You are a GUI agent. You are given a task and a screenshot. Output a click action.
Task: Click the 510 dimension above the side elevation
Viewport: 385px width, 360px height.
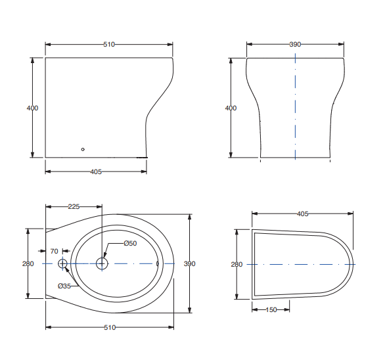pos(109,45)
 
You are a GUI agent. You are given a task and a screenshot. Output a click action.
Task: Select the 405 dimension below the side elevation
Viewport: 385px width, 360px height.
pos(95,171)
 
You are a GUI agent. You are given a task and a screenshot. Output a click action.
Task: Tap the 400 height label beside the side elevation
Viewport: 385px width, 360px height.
pos(32,108)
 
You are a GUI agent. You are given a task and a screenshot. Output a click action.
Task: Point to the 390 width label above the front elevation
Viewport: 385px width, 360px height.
pos(295,45)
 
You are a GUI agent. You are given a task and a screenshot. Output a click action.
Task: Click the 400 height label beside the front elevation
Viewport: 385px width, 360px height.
pos(231,108)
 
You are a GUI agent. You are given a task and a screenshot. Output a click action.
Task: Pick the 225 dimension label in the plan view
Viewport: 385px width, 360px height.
pos(74,206)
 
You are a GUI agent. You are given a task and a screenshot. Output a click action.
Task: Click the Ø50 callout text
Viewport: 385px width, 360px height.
pos(130,244)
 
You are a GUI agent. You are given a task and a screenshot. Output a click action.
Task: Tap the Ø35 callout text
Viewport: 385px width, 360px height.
pos(64,286)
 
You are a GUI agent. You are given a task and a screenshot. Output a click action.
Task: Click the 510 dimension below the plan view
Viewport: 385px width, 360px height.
pos(109,326)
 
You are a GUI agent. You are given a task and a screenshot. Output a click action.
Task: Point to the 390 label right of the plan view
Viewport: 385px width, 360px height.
pos(189,264)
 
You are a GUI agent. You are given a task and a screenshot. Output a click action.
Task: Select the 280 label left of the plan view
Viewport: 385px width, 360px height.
pos(28,264)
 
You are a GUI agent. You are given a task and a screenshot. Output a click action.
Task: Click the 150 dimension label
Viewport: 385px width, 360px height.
pos(270,309)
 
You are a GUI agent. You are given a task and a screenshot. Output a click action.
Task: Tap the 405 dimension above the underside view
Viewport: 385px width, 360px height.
pos(302,214)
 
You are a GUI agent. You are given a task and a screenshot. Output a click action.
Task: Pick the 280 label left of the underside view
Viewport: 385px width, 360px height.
pos(237,264)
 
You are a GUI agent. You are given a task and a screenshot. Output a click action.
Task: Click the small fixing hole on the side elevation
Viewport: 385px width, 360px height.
pos(83,149)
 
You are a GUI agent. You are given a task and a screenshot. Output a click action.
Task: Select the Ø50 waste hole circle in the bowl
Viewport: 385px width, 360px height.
pos(102,263)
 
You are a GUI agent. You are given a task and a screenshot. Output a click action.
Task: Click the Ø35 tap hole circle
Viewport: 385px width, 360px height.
pos(63,263)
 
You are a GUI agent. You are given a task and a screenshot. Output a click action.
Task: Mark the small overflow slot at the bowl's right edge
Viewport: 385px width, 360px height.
pos(158,263)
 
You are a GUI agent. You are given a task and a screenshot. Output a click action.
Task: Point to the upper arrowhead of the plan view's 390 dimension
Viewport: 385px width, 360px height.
pos(189,216)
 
